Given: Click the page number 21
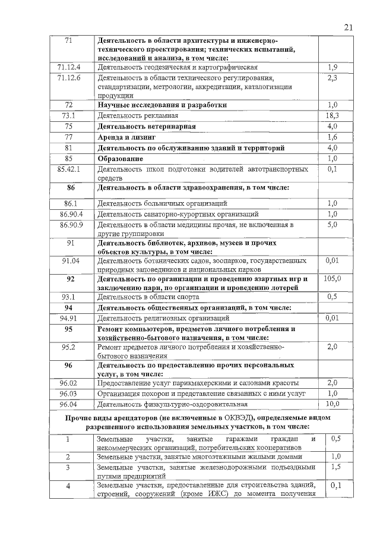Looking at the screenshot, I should pyautogui.click(x=348, y=26).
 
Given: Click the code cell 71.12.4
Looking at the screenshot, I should pyautogui.click(x=69, y=67).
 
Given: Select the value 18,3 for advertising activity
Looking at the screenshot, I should pyautogui.click(x=332, y=115).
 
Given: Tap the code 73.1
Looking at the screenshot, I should pyautogui.click(x=69, y=115).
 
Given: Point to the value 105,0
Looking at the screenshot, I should pyautogui.click(x=332, y=278).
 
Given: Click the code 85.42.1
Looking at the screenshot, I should pyautogui.click(x=69, y=169).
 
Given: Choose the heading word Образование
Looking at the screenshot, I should pyautogui.click(x=120, y=159).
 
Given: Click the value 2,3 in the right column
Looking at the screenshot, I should pyautogui.click(x=332, y=78).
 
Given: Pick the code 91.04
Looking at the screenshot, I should pyautogui.click(x=69, y=260).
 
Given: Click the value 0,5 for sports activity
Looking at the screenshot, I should pyautogui.click(x=332, y=297).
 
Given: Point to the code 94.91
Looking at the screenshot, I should pyautogui.click(x=69, y=318).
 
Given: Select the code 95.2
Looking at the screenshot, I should pyautogui.click(x=69, y=346).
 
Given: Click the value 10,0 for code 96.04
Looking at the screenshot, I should pyautogui.click(x=332, y=404).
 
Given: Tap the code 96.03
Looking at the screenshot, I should pyautogui.click(x=69, y=394).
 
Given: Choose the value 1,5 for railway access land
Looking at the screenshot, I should pyautogui.click(x=335, y=467).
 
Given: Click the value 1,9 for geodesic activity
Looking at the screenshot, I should pyautogui.click(x=332, y=67).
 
